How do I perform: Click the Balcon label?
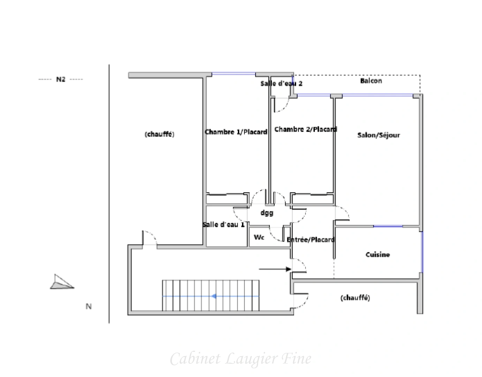[371, 81]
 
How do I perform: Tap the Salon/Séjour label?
[378, 135]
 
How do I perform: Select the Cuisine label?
[377, 254]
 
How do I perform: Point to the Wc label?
[259, 237]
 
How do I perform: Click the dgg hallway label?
[267, 213]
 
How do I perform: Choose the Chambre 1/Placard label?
[236, 132]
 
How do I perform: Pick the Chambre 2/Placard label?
[306, 130]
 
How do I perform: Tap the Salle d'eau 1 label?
[224, 224]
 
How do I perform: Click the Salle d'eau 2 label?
[281, 83]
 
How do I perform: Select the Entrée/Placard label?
[310, 239]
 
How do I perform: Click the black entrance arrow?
[275, 269]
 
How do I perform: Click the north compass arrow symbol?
[61, 282]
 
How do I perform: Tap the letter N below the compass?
[89, 306]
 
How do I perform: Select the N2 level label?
[61, 80]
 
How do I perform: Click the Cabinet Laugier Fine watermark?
[241, 358]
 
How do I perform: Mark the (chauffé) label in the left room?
[159, 134]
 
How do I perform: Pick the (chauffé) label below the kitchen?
[355, 298]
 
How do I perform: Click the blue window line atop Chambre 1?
[234, 74]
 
